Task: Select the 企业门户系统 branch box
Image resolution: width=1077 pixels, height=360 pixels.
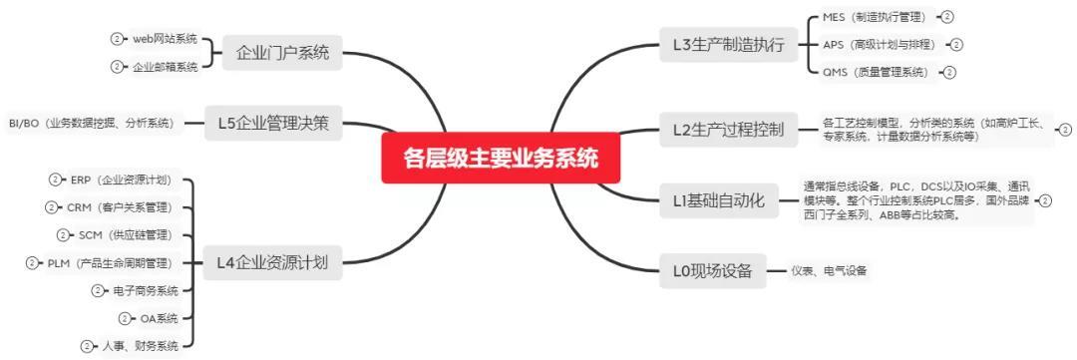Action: (282, 52)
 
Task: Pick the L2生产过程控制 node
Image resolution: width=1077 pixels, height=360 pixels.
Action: (729, 130)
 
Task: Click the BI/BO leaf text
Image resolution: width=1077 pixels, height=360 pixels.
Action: (91, 124)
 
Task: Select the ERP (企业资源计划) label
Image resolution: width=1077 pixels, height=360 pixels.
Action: (121, 180)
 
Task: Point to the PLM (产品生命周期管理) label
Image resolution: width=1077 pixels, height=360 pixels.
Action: (110, 262)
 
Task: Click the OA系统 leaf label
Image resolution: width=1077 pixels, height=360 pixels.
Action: (158, 318)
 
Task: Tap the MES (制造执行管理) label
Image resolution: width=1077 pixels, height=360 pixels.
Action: (875, 17)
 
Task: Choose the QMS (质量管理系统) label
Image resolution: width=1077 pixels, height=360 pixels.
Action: (875, 72)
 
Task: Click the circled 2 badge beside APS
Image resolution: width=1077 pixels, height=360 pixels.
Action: (956, 45)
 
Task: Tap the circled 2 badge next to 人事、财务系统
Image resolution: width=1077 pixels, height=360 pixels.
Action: (88, 346)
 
